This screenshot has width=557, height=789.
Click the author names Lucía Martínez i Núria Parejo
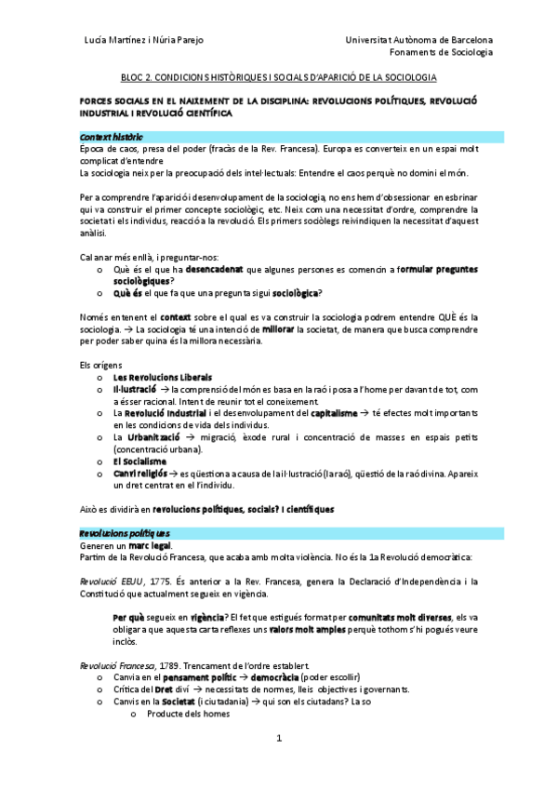[x=144, y=40]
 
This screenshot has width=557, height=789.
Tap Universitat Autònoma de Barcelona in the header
[x=418, y=40]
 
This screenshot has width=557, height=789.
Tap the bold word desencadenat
[x=214, y=269]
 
